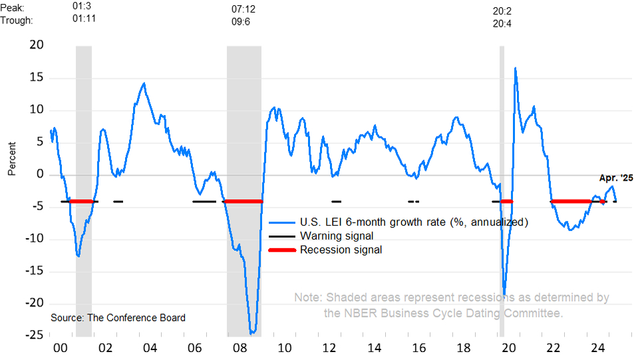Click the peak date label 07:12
pyautogui.click(x=243, y=10)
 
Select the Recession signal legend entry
pyautogui.click(x=341, y=250)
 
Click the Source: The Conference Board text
pyautogui.click(x=118, y=317)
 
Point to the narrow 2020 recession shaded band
pyautogui.click(x=502, y=193)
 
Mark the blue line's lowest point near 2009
pyautogui.click(x=252, y=333)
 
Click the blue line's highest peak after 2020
pyautogui.click(x=515, y=68)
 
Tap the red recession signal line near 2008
pyautogui.click(x=243, y=201)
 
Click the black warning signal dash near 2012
pyautogui.click(x=337, y=201)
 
